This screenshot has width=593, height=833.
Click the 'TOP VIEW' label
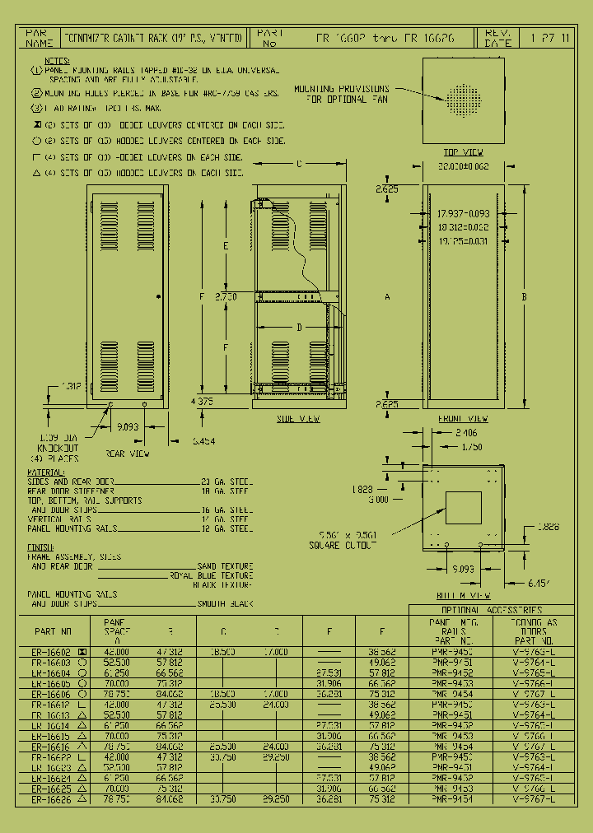pyautogui.click(x=464, y=152)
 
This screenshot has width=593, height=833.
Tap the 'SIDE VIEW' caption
pyautogui.click(x=297, y=419)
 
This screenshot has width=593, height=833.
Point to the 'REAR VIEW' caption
pyautogui.click(x=127, y=453)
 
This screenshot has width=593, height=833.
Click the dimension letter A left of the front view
pyautogui.click(x=387, y=296)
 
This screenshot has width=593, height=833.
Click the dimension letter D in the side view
pyautogui.click(x=299, y=328)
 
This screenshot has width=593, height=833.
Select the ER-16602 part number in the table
pyautogui.click(x=50, y=651)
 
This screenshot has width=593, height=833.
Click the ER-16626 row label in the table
pyautogui.click(x=50, y=798)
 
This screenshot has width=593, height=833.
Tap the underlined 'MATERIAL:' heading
pyautogui.click(x=47, y=472)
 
